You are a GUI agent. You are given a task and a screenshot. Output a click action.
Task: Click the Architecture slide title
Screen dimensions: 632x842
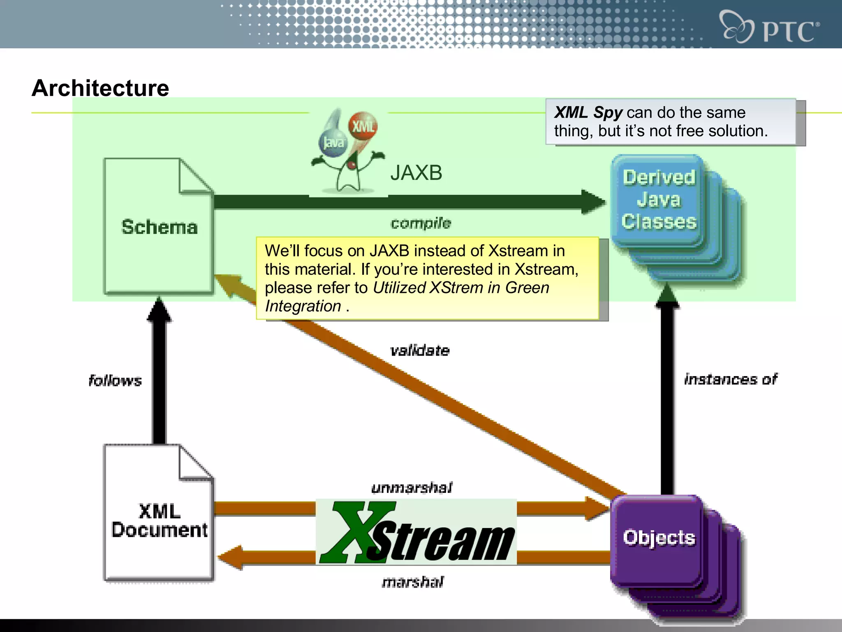click(100, 88)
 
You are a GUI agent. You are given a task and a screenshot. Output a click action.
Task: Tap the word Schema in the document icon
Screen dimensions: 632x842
click(160, 227)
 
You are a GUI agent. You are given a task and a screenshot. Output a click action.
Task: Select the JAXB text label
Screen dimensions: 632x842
click(416, 173)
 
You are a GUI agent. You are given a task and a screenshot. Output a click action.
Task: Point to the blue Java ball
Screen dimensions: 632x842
click(333, 143)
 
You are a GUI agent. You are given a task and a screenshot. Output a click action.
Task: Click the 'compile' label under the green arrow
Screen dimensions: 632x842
click(421, 223)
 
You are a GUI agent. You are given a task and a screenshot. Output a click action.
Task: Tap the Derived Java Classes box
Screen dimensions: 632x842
click(659, 200)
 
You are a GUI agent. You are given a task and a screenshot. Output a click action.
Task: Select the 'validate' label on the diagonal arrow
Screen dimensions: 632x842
click(420, 351)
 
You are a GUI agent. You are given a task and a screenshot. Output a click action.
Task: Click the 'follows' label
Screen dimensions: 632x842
click(115, 381)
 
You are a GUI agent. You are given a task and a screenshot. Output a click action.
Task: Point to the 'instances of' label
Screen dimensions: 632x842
click(731, 379)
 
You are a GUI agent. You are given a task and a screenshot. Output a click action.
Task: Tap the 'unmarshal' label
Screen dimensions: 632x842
click(412, 488)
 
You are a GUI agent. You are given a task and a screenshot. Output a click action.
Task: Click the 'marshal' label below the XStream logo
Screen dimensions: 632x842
click(412, 582)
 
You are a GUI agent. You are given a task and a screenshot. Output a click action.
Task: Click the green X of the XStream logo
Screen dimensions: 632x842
click(354, 531)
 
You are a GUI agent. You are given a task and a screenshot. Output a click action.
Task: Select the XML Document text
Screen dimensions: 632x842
click(160, 520)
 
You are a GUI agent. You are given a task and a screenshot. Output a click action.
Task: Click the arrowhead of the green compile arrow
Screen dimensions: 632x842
click(593, 202)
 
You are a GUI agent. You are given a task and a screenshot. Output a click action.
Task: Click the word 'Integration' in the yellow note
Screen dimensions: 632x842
click(303, 306)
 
